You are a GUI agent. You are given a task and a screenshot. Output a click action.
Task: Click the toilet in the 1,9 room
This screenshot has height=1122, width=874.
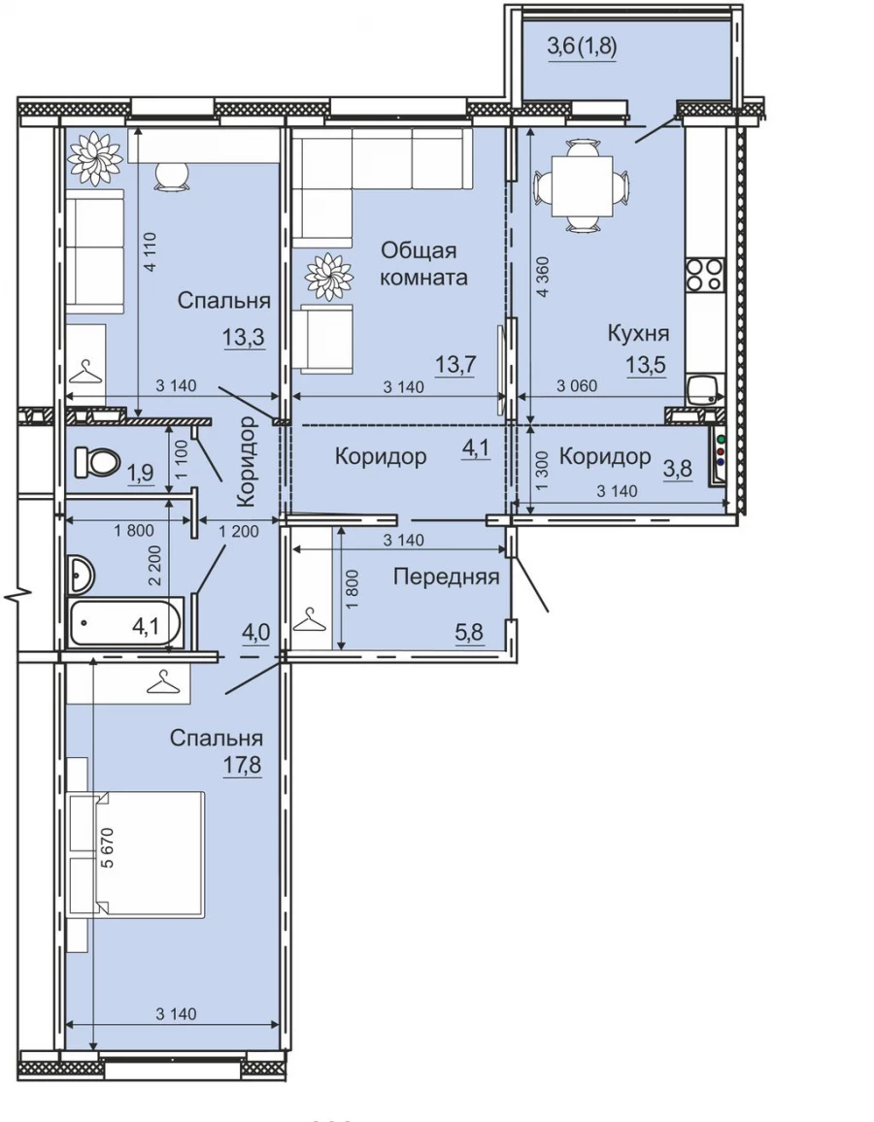(97, 462)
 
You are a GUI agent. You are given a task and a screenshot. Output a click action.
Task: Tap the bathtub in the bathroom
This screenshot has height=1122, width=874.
(126, 622)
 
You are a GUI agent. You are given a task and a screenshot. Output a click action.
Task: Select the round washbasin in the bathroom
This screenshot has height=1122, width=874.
(82, 575)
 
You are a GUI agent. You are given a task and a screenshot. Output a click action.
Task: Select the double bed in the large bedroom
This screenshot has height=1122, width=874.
(136, 854)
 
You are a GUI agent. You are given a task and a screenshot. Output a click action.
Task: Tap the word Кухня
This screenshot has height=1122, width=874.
(638, 334)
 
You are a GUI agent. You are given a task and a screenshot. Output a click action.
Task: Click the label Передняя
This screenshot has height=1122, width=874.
(446, 576)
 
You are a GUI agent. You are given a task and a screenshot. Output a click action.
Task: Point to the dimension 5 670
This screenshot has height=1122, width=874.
(108, 847)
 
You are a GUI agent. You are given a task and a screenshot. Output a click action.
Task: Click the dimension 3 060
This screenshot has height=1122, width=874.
(577, 386)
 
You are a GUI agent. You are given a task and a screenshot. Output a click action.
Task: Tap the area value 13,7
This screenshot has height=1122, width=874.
(456, 365)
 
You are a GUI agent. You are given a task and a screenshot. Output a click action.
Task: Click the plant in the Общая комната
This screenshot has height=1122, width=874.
(329, 277)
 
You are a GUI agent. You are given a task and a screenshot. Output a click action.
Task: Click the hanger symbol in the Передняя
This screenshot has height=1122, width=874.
(311, 619)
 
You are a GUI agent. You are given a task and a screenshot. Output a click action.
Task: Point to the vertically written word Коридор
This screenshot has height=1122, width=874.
(247, 462)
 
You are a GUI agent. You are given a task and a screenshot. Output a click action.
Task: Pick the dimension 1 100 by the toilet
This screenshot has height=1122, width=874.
(181, 459)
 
